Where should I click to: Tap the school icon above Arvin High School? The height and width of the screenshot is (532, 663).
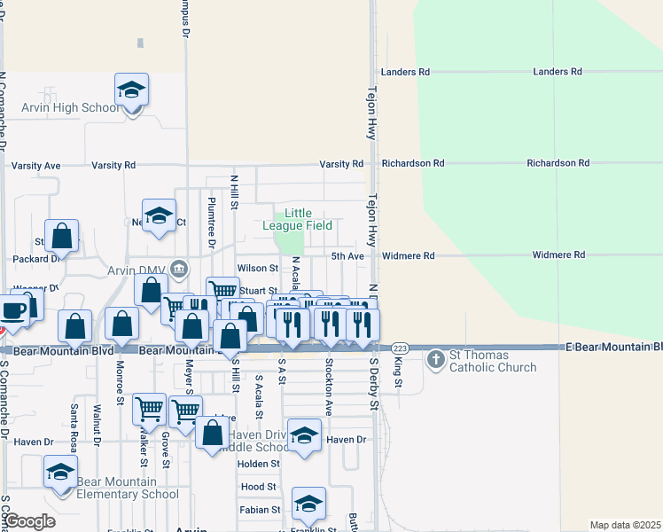pyautogui.click(x=131, y=90)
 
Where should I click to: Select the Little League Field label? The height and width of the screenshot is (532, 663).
pyautogui.click(x=297, y=219)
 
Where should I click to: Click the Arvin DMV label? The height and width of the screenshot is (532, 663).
pyautogui.click(x=136, y=270)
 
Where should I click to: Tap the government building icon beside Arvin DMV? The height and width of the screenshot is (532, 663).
pyautogui.click(x=178, y=268)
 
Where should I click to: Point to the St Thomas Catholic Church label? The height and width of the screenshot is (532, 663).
pyautogui.click(x=493, y=362)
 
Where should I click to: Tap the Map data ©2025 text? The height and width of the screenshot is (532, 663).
pyautogui.click(x=624, y=525)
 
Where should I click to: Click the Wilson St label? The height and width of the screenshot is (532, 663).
pyautogui.click(x=258, y=268)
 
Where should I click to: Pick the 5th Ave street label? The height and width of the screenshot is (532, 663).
pyautogui.click(x=348, y=256)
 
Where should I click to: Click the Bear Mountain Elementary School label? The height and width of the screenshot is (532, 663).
pyautogui.click(x=128, y=489)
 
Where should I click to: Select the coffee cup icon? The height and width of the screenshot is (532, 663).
pyautogui.click(x=12, y=310)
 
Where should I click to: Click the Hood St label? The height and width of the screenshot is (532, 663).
pyautogui.click(x=259, y=487)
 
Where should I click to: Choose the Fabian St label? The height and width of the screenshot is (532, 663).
pyautogui.click(x=260, y=510)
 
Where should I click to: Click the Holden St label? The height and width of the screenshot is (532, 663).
pyautogui.click(x=259, y=464)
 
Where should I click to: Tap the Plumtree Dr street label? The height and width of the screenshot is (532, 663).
pyautogui.click(x=212, y=222)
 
